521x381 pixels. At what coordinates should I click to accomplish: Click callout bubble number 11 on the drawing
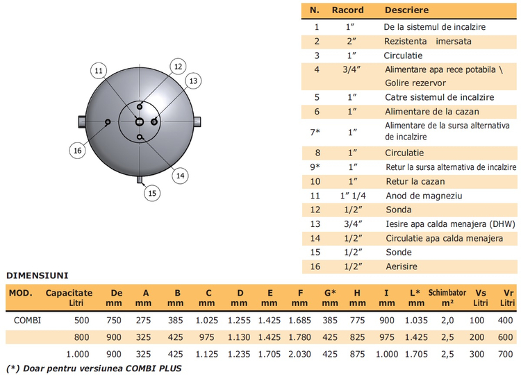point(99,71)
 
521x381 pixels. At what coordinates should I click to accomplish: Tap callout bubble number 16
point(77,151)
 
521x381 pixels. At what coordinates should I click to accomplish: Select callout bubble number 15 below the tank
point(152,193)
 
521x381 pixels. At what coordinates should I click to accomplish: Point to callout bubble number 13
point(193,81)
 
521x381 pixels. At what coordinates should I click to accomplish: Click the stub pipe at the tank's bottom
point(140,180)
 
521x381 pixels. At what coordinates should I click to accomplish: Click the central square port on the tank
point(140,122)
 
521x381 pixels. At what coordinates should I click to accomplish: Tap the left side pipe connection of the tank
point(82,122)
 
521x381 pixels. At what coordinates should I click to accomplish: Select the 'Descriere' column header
point(406,10)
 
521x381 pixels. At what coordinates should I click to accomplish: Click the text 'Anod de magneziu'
point(424,196)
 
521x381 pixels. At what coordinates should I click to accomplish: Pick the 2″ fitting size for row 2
point(352,42)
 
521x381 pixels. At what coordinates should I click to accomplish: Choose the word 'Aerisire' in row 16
point(402,266)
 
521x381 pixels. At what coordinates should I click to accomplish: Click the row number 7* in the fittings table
point(315,132)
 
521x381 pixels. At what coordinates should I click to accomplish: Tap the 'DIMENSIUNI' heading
point(38,276)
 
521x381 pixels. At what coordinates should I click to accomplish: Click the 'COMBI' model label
point(27,320)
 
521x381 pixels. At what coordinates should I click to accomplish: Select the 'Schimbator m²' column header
point(447,298)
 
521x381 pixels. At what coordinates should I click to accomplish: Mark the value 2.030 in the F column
point(299,354)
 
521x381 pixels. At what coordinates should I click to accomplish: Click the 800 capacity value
point(81,337)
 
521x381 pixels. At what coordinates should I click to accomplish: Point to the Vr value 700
point(506,354)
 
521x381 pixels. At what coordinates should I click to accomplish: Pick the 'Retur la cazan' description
point(415,182)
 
